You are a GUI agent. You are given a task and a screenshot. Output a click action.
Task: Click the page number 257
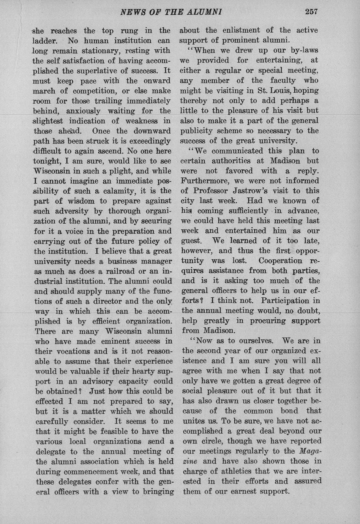311,12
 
